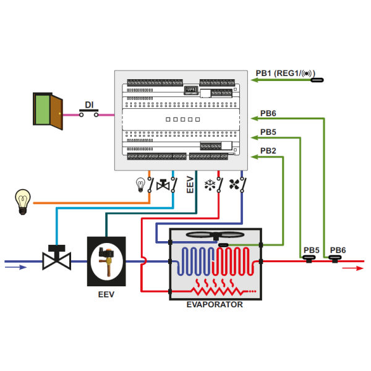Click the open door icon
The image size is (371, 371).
(48, 111)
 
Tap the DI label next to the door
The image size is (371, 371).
(89, 104)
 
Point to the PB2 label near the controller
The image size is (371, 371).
(268, 150)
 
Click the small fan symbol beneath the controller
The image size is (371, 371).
(234, 184)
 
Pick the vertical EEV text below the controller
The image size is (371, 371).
(190, 184)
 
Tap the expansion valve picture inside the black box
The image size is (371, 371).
(106, 260)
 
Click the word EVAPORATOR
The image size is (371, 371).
(215, 305)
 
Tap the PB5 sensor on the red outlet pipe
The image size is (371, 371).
(309, 260)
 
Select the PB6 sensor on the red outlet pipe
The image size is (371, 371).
(336, 260)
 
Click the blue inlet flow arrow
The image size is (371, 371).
(16, 268)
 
